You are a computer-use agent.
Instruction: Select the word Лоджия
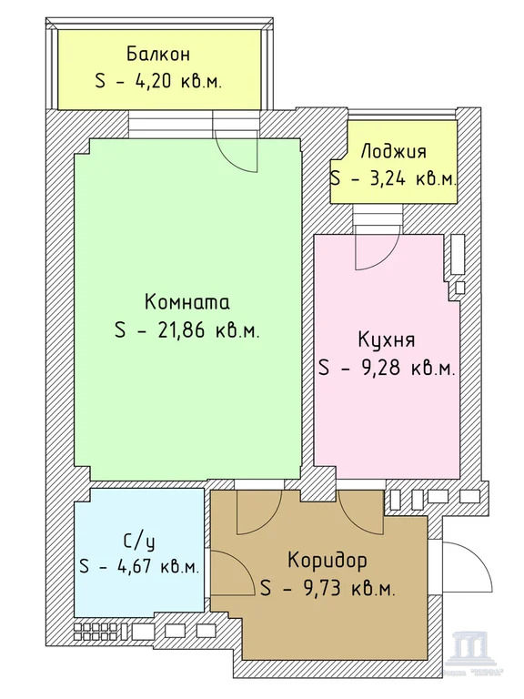[x=393, y=152]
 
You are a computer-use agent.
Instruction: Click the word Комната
[x=187, y=302]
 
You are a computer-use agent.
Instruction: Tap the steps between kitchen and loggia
[x=378, y=219]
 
